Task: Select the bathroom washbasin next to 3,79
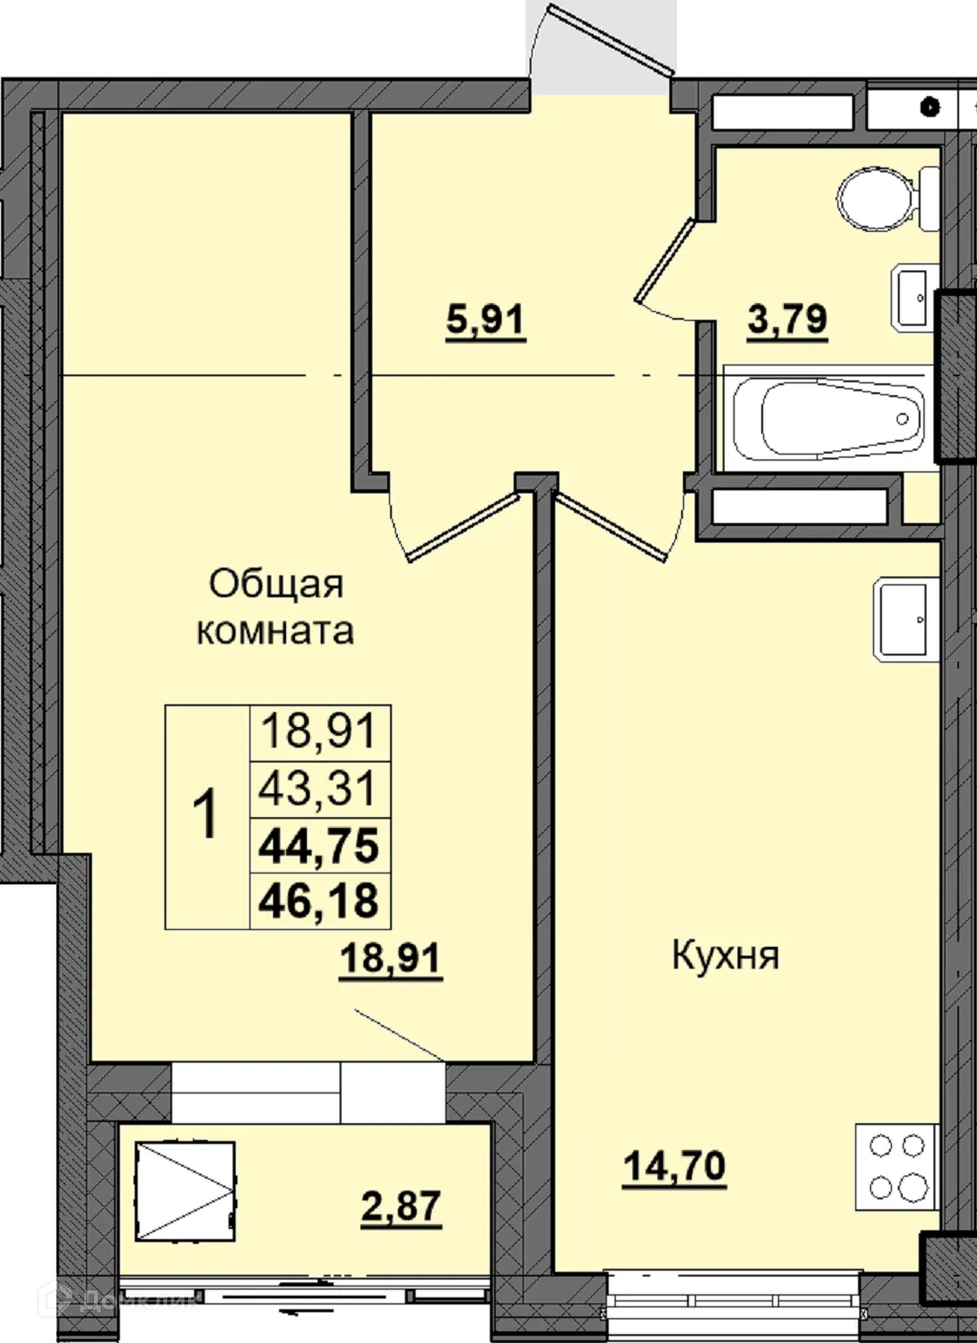click(914, 295)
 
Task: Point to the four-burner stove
click(896, 1166)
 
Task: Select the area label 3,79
click(788, 321)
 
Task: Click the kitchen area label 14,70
click(675, 1166)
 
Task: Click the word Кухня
click(726, 957)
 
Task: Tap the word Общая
click(276, 584)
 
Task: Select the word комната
click(275, 631)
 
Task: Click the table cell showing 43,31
click(319, 789)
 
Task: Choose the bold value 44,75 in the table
click(319, 846)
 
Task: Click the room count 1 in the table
click(206, 817)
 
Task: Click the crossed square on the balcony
click(186, 1190)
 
